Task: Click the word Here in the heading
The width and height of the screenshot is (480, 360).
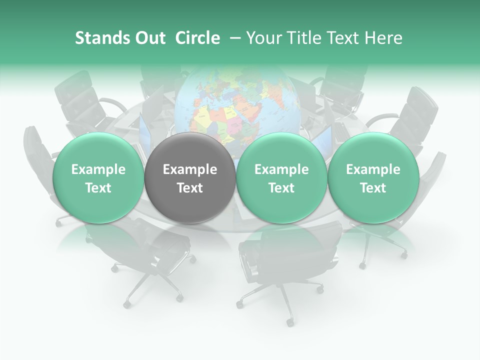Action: pos(383,38)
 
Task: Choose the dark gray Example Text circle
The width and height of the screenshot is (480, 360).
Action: pos(189,178)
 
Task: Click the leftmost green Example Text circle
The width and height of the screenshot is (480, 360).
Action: pos(98,178)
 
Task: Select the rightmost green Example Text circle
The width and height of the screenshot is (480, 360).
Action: pos(373,178)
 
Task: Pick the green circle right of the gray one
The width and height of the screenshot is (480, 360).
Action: pos(281,178)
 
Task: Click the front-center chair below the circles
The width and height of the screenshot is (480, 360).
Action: pos(280,260)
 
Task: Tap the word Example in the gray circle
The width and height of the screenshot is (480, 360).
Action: pos(189,169)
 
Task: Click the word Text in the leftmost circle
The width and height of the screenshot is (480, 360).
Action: pos(98,188)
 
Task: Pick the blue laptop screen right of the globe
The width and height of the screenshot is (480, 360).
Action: pos(322,137)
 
